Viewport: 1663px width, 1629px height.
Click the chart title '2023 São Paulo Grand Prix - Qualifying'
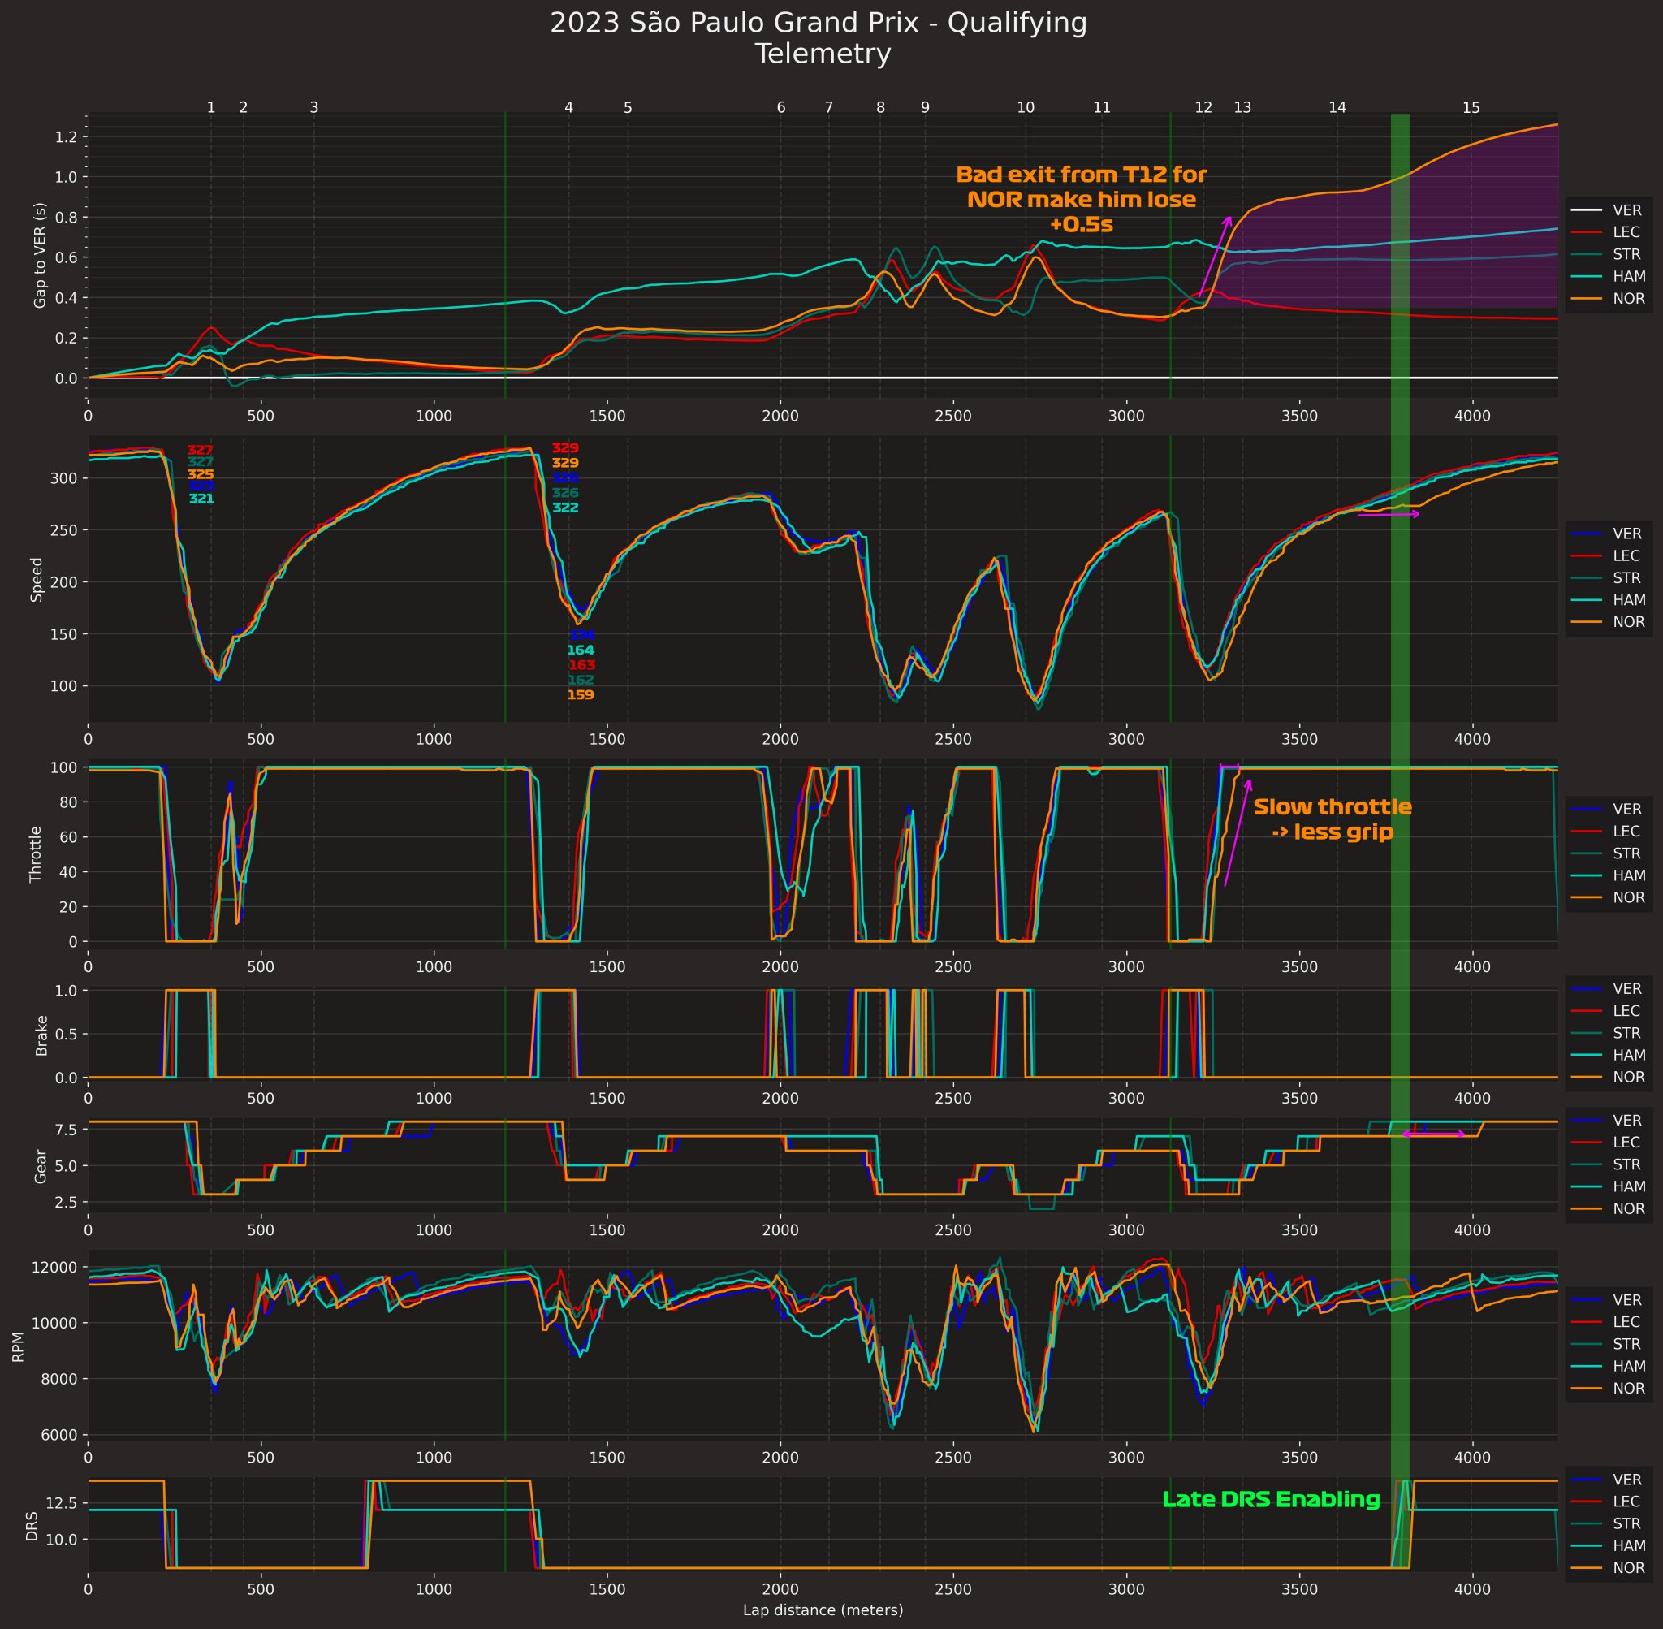[x=818, y=23]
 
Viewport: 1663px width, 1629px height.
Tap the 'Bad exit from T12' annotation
[x=1082, y=199]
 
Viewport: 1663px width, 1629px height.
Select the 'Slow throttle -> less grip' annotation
[x=1332, y=819]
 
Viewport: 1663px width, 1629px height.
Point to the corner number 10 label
[x=1026, y=108]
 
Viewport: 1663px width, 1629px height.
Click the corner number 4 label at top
[x=569, y=108]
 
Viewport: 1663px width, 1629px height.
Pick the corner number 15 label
[x=1471, y=108]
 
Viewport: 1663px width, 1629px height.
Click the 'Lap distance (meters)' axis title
[x=823, y=1610]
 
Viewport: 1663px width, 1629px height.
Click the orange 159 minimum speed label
[x=580, y=695]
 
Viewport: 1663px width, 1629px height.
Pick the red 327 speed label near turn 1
[x=201, y=450]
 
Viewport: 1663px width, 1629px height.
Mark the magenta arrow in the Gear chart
[x=1433, y=1134]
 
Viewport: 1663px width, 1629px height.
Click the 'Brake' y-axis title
[x=41, y=1035]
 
